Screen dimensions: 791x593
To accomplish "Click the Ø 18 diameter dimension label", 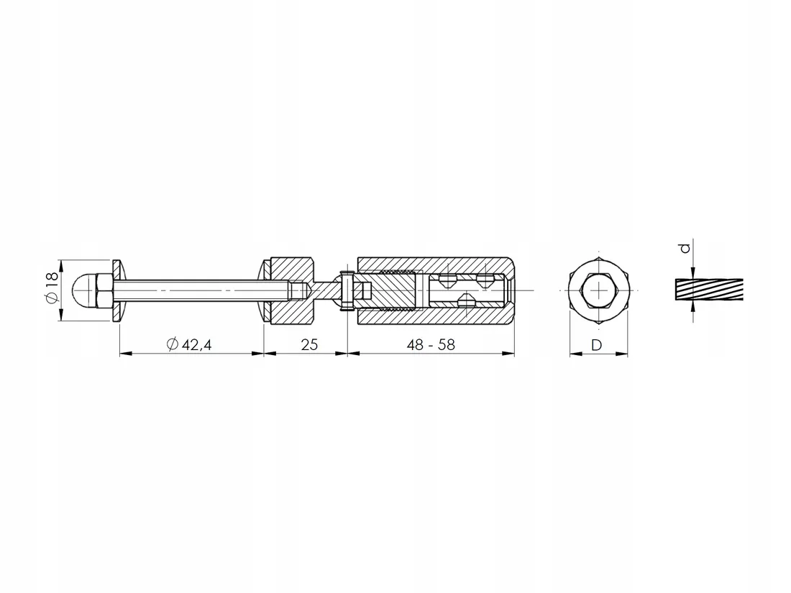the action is (x=52, y=290).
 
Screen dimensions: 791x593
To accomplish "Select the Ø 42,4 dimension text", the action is (x=189, y=344).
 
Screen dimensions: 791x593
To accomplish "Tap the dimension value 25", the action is (x=309, y=344).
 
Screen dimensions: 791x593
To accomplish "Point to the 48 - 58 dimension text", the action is (x=431, y=344).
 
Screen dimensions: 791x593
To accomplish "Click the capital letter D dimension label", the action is (x=596, y=345).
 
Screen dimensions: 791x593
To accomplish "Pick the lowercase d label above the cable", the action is (x=685, y=248).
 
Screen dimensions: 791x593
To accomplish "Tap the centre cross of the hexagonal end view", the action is (x=599, y=290).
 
